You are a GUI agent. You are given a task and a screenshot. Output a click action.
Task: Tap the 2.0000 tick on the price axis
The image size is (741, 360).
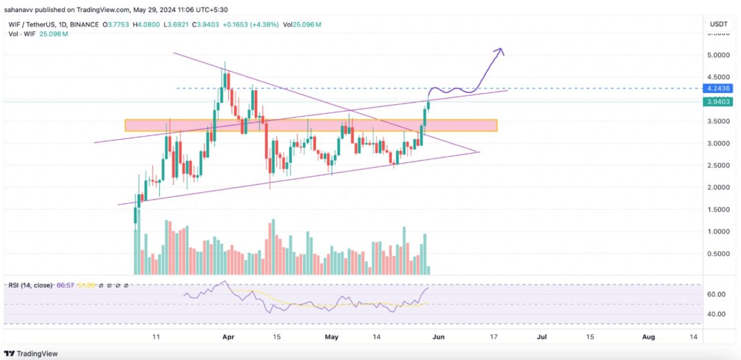pos(718,188)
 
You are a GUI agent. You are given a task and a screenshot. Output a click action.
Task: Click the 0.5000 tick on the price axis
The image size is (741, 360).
pos(718,254)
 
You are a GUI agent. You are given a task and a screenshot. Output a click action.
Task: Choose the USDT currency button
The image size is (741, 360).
pos(718,24)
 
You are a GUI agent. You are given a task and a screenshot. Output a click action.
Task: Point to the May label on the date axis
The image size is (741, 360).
pos(331,336)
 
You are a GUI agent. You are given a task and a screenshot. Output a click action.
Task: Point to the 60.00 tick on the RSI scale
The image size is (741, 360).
pos(717,294)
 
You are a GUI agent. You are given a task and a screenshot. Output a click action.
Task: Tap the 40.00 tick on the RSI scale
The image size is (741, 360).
pos(717,314)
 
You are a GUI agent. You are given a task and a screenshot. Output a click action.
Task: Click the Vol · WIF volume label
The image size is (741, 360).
pos(22,34)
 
